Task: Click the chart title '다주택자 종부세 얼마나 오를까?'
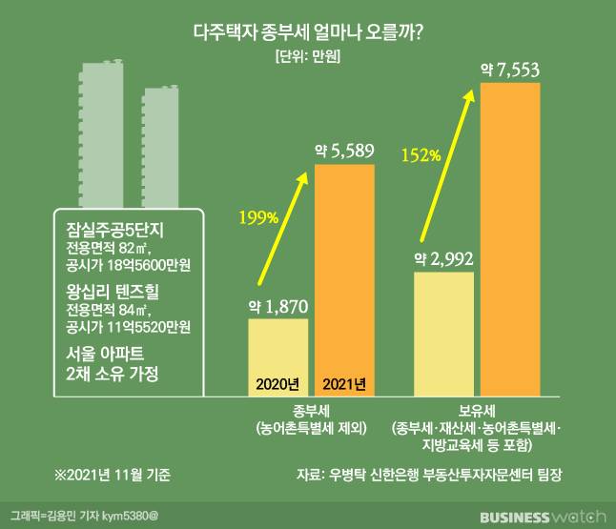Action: [x=308, y=31]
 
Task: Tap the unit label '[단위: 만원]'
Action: [x=307, y=56]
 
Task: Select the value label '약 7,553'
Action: [x=512, y=69]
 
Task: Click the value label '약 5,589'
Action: [x=344, y=150]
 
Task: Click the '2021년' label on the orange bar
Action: [x=344, y=384]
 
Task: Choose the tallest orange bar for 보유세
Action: [x=511, y=238]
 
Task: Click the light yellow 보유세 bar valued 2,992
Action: [x=444, y=334]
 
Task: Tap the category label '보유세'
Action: [x=478, y=411]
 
